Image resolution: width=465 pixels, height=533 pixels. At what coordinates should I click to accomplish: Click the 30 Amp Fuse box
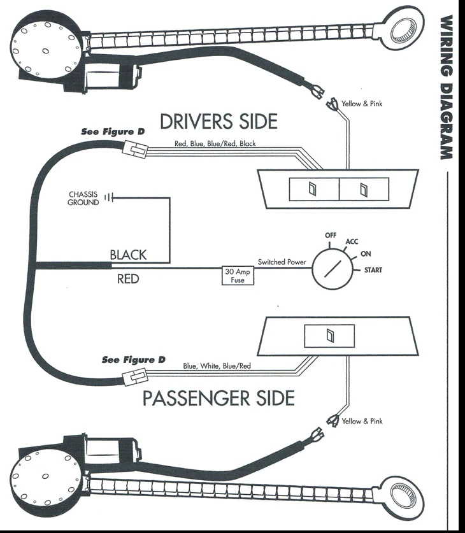point(238,275)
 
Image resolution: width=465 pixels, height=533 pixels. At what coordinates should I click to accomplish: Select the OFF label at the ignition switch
point(330,235)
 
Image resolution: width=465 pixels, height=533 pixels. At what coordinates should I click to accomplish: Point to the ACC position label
point(352,242)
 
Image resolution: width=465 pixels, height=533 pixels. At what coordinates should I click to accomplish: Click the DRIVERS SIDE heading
point(218,121)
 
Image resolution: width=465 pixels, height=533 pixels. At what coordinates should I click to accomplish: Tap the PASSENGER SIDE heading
point(218,399)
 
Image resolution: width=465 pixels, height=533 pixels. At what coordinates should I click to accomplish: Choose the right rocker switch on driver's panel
point(363,188)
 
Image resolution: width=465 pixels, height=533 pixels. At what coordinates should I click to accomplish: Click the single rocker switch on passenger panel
point(329,336)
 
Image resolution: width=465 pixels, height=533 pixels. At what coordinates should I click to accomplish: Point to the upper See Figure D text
point(113,132)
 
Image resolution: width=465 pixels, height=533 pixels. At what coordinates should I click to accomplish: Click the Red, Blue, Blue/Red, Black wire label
point(215,144)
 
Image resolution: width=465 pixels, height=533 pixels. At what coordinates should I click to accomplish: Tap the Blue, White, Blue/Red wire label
point(217,366)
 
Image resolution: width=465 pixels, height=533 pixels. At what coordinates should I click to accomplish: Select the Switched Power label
point(282,262)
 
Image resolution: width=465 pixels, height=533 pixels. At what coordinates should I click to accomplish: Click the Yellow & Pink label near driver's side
point(362,103)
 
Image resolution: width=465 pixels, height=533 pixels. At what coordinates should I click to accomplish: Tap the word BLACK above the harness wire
point(128,255)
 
